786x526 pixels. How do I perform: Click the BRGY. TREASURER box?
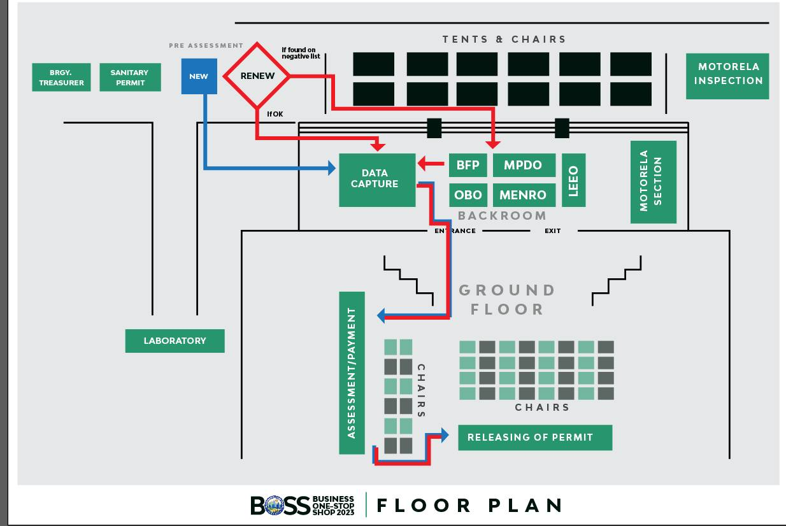click(x=61, y=78)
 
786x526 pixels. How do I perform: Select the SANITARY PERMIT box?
click(x=130, y=78)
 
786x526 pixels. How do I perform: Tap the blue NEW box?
click(x=199, y=76)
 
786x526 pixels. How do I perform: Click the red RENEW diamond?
click(x=257, y=76)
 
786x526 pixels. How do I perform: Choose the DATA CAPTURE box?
click(x=378, y=179)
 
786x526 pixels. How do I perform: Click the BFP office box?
click(x=468, y=166)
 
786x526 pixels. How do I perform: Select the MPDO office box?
click(x=524, y=166)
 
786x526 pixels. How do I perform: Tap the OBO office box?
click(x=468, y=195)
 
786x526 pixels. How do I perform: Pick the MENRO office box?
click(x=524, y=195)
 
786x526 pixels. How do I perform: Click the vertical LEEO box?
click(x=573, y=180)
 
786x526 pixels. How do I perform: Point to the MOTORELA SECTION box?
click(x=653, y=181)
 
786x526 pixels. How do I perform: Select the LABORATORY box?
click(x=175, y=341)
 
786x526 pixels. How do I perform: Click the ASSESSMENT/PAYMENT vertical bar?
click(x=352, y=373)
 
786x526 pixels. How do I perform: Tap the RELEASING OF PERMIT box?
click(x=535, y=437)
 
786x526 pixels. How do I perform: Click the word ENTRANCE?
click(x=455, y=231)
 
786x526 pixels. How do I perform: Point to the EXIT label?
click(x=553, y=231)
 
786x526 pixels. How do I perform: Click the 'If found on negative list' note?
click(x=299, y=53)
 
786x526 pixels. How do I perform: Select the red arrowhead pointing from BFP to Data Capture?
click(x=423, y=166)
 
